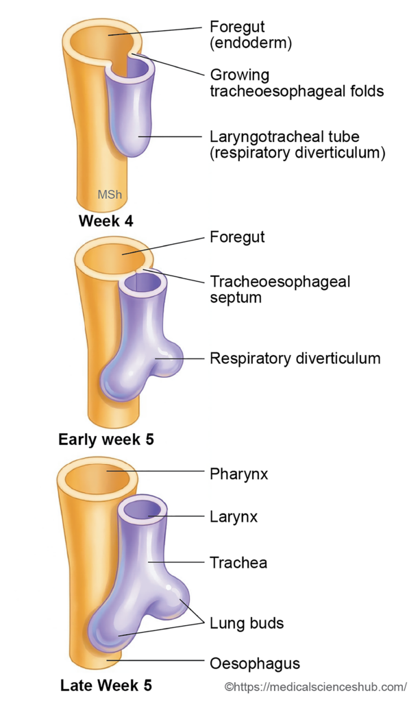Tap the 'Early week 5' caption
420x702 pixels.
(x=106, y=439)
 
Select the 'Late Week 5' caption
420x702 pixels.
(x=106, y=685)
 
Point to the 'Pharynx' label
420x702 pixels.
(x=238, y=474)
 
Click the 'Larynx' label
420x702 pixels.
(x=234, y=517)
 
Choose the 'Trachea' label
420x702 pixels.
(x=238, y=563)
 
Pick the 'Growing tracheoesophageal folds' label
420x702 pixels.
(x=296, y=82)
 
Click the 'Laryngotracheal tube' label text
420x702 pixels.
(x=284, y=136)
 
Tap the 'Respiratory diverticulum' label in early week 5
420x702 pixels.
(x=295, y=358)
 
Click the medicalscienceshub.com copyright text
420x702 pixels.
(x=316, y=686)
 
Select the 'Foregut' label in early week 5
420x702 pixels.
(x=237, y=237)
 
